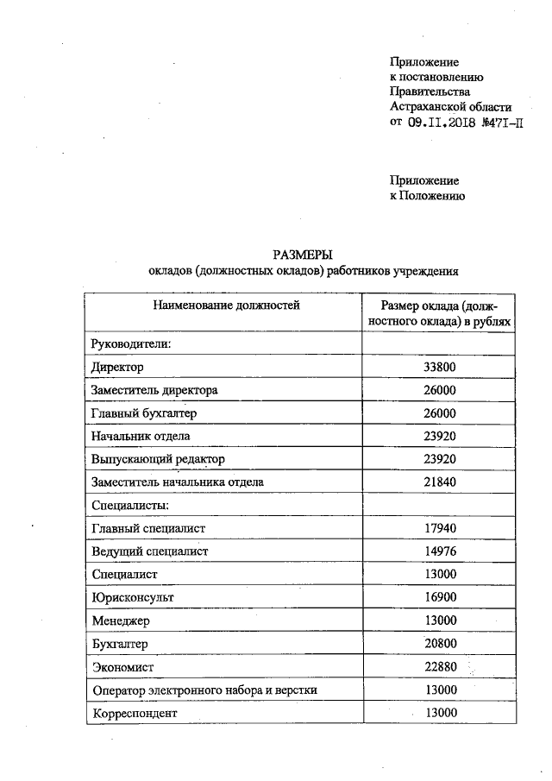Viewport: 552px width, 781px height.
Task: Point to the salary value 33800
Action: click(x=440, y=367)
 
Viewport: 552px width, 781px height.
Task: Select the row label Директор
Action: click(x=116, y=367)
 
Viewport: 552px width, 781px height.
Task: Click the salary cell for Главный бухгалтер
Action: click(x=440, y=413)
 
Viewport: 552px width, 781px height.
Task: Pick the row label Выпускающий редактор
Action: click(x=158, y=459)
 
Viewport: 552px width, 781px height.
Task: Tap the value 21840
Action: click(x=440, y=482)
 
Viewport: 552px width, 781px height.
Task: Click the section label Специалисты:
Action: click(x=129, y=505)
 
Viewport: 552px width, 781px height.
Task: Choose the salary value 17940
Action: click(x=440, y=528)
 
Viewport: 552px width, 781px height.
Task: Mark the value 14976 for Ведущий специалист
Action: click(x=440, y=551)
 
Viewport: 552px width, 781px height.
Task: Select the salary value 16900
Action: click(x=440, y=597)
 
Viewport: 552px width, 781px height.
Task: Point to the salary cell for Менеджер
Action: click(x=440, y=620)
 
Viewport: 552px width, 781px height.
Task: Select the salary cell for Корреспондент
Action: click(x=440, y=713)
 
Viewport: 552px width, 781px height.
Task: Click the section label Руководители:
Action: click(x=133, y=344)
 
